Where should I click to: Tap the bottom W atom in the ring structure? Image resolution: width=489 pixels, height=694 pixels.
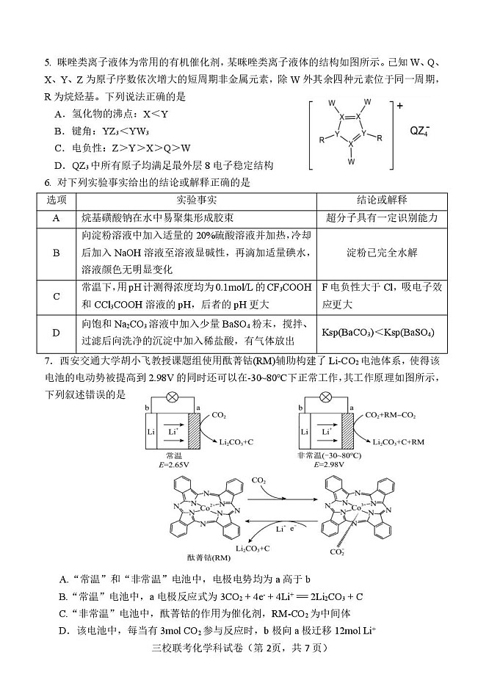(352, 161)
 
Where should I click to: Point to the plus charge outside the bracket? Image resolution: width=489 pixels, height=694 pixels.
(400, 106)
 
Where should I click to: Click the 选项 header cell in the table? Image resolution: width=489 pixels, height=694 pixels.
(57, 200)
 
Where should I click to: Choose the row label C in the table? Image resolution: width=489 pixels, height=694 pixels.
(57, 296)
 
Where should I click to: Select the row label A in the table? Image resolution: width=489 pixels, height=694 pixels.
(57, 218)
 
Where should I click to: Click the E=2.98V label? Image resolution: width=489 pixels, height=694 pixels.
(329, 465)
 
